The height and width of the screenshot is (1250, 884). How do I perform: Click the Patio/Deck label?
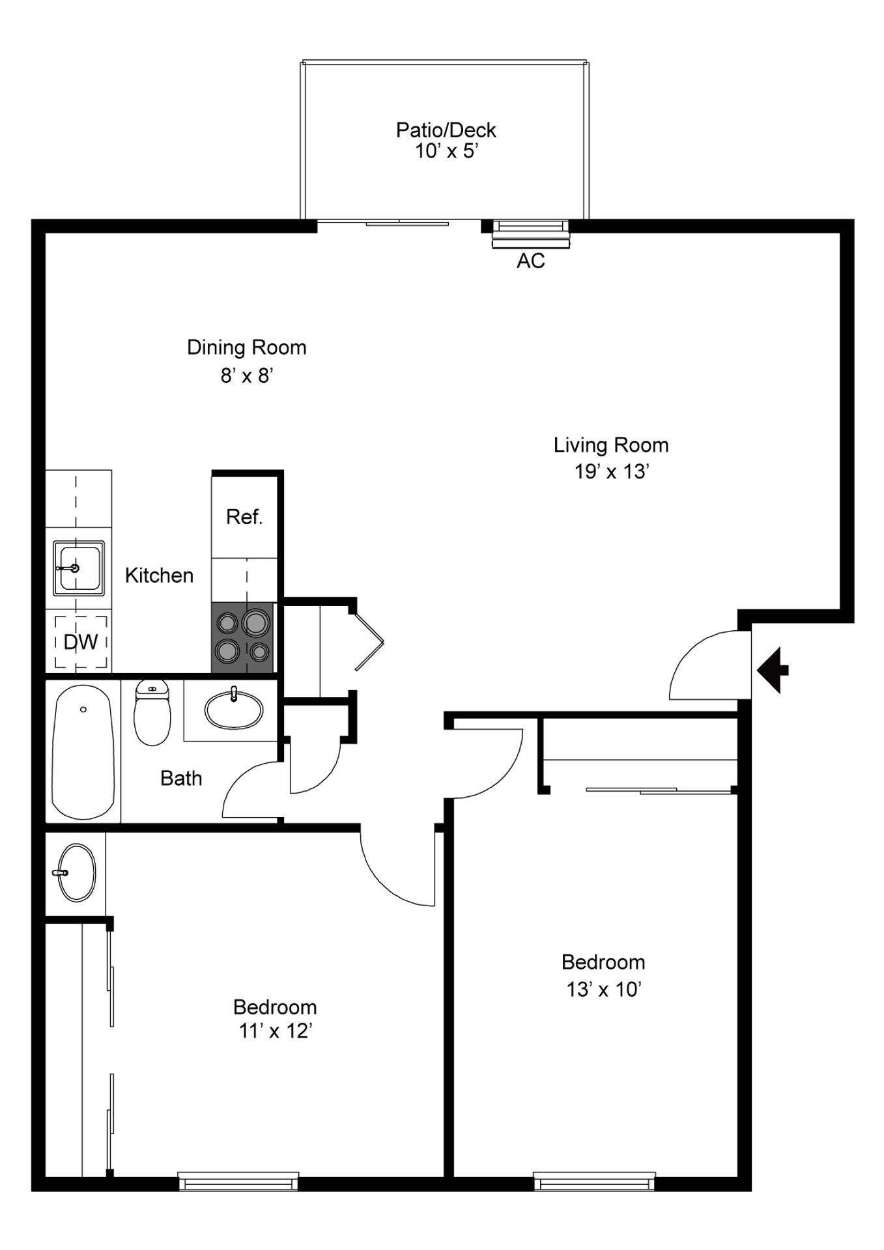coord(446,130)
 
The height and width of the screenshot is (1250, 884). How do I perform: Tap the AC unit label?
coord(530,261)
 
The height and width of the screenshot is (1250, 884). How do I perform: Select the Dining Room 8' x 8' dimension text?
coord(246,376)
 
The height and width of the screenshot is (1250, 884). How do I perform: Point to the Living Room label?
coord(611,445)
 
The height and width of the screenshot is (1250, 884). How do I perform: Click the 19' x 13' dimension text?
coord(611,471)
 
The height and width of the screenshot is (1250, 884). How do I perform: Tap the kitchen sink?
coord(78,568)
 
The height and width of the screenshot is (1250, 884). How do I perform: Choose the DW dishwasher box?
coord(81,642)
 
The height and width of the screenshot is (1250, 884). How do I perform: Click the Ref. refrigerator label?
coord(244,517)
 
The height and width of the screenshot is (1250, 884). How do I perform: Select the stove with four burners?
coord(242,638)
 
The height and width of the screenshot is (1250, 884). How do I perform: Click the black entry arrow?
coord(773,670)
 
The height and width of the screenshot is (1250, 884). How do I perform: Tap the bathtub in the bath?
coord(83,752)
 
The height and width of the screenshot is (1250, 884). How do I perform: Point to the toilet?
coord(152,713)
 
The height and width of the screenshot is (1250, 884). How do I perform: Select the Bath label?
coord(181,778)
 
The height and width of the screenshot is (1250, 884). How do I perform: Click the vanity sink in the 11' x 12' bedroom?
coord(77,873)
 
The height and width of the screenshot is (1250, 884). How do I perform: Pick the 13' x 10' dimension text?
coord(604,990)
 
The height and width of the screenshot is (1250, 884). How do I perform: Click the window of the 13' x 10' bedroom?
coord(594,1181)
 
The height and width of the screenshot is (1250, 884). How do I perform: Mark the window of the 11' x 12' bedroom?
coord(238,1181)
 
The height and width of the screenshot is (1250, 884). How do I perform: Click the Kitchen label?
coord(159,576)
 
